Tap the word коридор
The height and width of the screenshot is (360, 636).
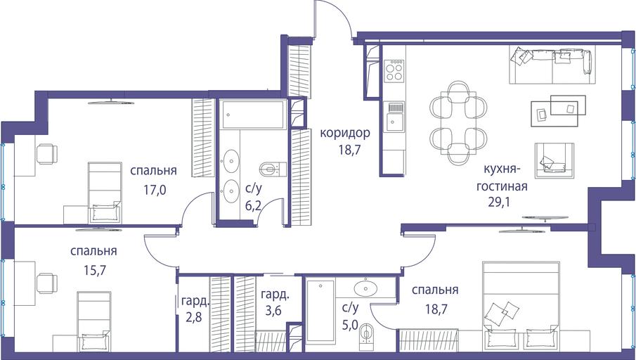(345, 133)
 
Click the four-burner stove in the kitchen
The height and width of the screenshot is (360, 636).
(394, 71)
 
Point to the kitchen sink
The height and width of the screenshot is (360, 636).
(394, 117)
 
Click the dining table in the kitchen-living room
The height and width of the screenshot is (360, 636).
(458, 123)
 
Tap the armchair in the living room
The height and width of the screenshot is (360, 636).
(554, 160)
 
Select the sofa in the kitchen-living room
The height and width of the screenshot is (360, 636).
(552, 65)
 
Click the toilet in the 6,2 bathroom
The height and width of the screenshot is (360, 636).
(273, 169)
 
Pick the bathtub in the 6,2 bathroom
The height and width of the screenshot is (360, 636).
(253, 115)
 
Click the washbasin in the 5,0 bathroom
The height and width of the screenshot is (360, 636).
(365, 288)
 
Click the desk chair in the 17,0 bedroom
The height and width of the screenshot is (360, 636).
(47, 154)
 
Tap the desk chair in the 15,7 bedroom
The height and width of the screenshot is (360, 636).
(47, 283)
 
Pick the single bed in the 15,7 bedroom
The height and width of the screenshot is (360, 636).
(93, 321)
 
